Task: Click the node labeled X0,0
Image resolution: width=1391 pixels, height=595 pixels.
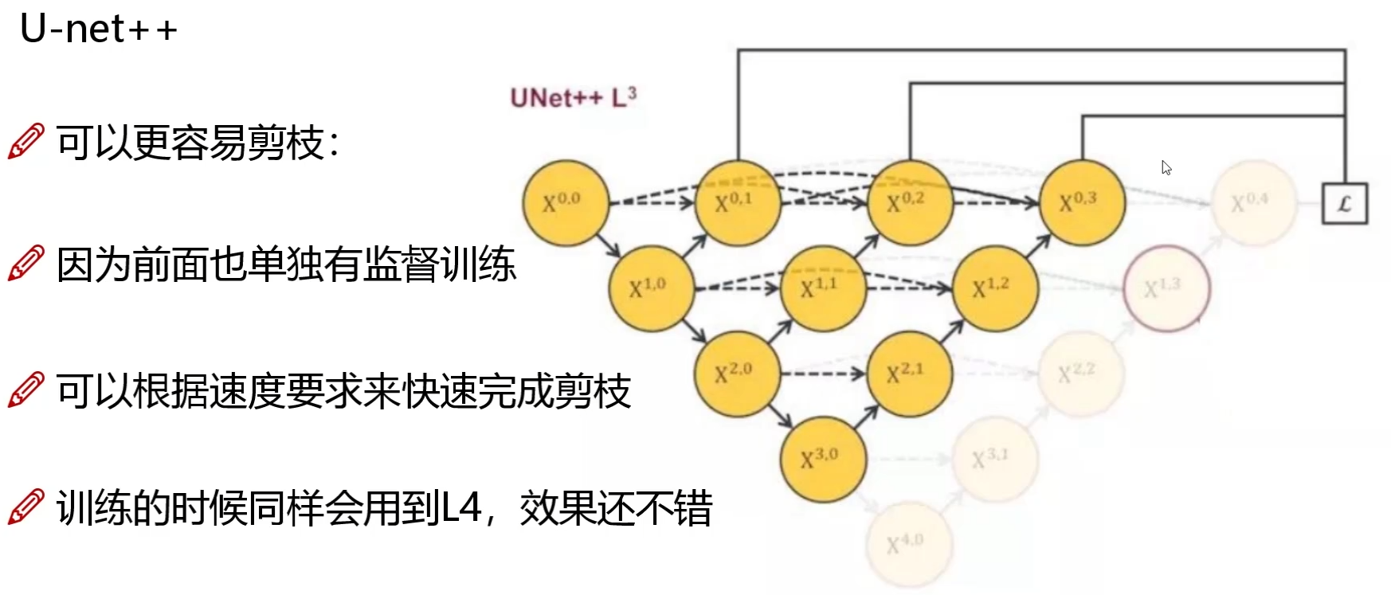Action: [x=565, y=202]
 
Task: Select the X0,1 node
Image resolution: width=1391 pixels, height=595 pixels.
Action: [x=737, y=202]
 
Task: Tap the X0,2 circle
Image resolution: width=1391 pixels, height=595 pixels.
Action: [x=909, y=202]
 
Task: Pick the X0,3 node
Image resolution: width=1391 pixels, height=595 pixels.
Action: [x=1081, y=202]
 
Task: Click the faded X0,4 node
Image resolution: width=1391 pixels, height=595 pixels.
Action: [x=1253, y=202]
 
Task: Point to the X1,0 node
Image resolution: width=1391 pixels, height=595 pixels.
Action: [x=651, y=288]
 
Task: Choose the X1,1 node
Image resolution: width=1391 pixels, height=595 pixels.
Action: [x=823, y=288]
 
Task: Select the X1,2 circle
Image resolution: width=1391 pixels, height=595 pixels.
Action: [x=994, y=288]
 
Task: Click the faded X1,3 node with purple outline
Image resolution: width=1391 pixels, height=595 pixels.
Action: [x=1166, y=288]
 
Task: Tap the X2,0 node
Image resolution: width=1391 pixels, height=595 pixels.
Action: [x=736, y=373]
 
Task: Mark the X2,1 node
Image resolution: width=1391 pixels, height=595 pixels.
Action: [x=909, y=373]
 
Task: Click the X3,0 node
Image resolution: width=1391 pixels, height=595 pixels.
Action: [x=822, y=459]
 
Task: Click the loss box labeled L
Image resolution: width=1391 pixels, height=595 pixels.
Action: [x=1344, y=203]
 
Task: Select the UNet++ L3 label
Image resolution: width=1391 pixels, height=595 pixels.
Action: [x=573, y=97]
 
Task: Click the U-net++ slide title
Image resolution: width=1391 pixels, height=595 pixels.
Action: [x=98, y=29]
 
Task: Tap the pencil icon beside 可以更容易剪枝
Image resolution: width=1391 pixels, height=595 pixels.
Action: [x=25, y=142]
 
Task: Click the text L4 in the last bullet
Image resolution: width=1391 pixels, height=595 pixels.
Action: [x=461, y=508]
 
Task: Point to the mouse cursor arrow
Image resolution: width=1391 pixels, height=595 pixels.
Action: [x=1166, y=167]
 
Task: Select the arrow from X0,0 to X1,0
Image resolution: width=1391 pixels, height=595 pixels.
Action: [x=608, y=245]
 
